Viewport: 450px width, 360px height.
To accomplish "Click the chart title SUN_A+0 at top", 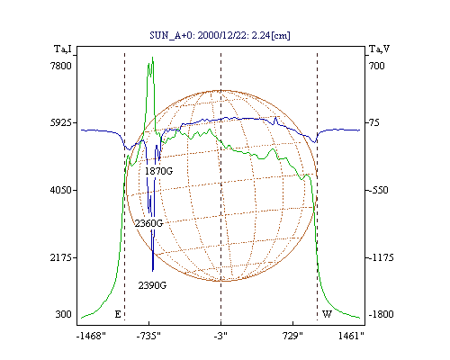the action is coord(220,35).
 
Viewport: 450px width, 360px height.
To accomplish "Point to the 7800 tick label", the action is coord(61,66).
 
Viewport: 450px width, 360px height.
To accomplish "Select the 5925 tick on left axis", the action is coord(61,122).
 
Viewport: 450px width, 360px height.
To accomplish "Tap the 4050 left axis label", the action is coord(61,190).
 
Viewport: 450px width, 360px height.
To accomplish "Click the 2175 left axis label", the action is coord(61,257).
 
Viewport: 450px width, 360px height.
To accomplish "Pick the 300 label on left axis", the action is coord(63,314).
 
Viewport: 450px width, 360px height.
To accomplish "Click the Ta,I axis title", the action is coord(63,49).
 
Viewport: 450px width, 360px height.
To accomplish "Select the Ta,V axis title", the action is coord(379,49).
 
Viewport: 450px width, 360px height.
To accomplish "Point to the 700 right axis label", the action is coord(376,66).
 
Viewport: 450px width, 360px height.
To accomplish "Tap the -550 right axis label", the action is coord(378,190).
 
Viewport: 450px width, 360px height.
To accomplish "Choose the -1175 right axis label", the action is coord(381,257).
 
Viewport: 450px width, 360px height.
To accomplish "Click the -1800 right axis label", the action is coord(381,314).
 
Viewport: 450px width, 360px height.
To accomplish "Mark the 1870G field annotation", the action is coord(158,171).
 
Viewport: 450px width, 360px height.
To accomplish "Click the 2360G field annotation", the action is coord(148,223).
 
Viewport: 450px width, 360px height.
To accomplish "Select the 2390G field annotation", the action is coord(152,285).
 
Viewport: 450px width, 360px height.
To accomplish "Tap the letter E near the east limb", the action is coord(118,314).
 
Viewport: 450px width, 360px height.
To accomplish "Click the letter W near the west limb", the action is coord(327,314).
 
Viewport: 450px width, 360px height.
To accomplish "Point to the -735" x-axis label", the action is coord(148,336).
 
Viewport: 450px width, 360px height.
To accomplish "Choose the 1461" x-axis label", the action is coord(351,336).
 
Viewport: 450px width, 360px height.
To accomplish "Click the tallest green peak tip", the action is coord(153,58).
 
